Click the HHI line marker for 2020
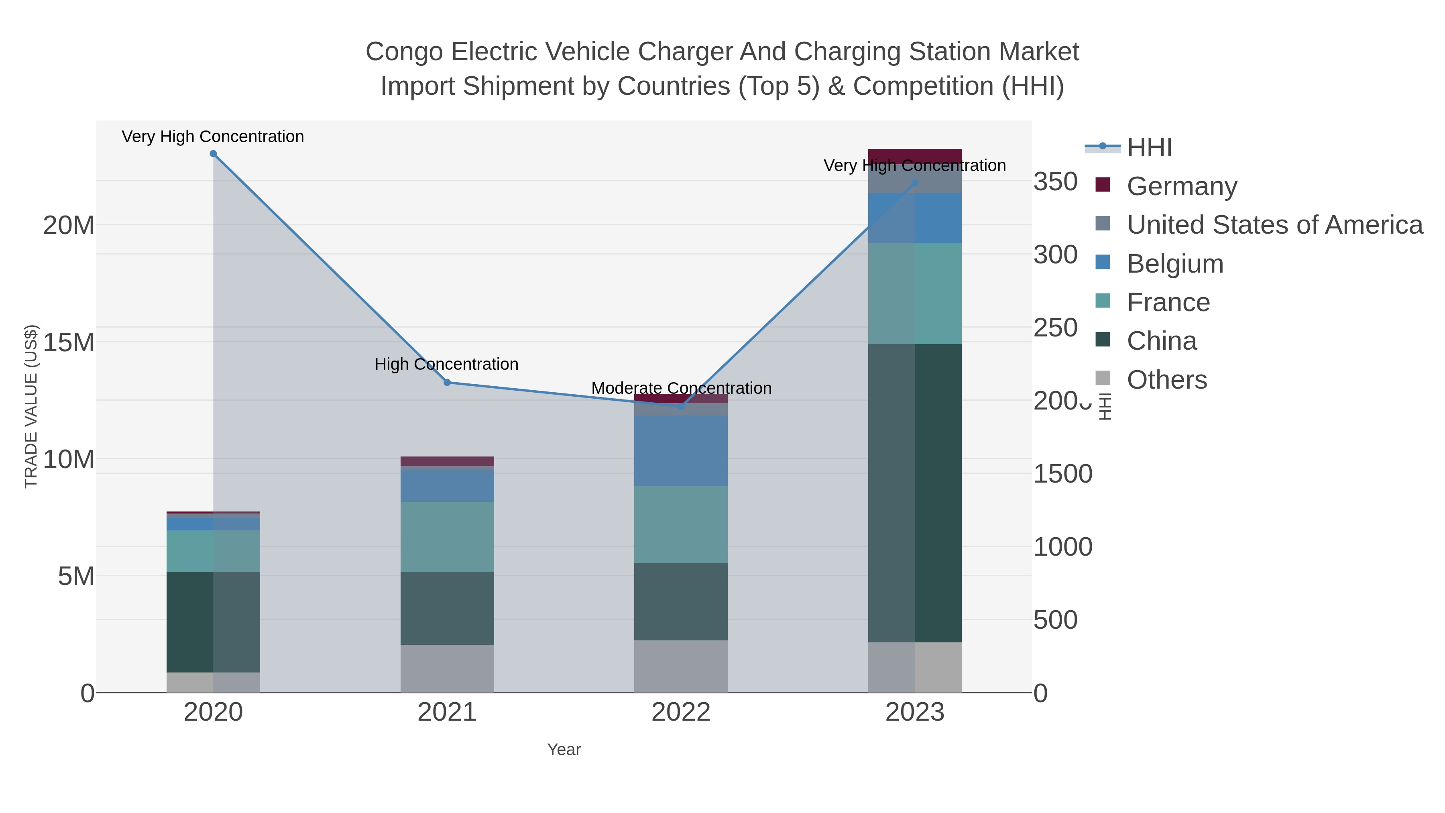[x=213, y=154]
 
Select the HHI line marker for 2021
[x=447, y=383]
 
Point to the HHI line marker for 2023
[x=915, y=183]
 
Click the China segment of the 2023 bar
[x=915, y=493]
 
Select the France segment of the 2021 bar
[x=447, y=536]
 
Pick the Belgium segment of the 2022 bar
[x=681, y=450]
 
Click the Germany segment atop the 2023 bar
[x=915, y=156]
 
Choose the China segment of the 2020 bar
[x=213, y=621]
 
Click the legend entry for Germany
[x=1181, y=186]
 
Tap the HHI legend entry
[x=1149, y=148]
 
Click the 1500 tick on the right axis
[x=1062, y=474]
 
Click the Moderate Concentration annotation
[x=681, y=388]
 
